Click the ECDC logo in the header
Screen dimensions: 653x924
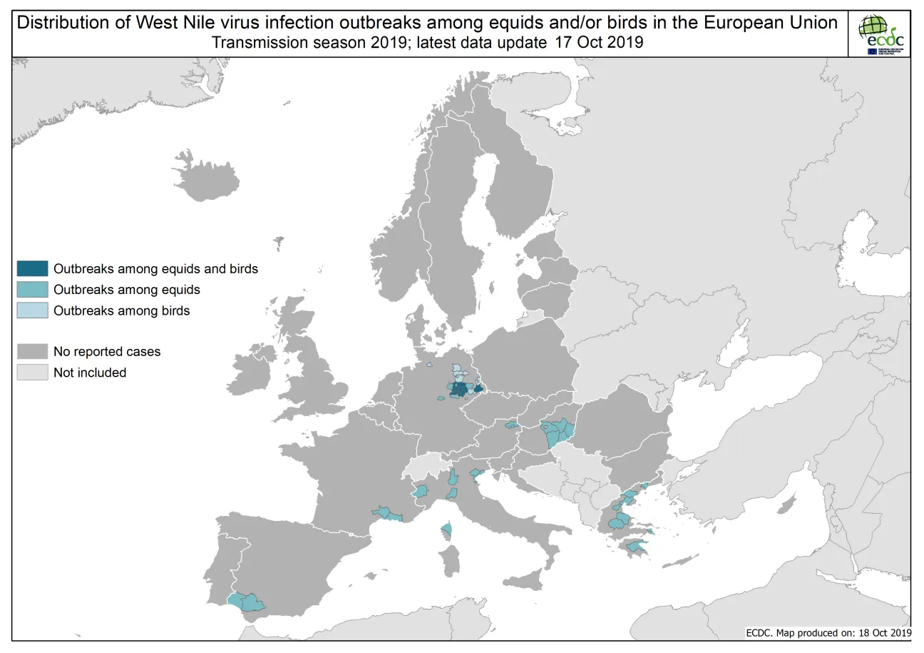pos(882,34)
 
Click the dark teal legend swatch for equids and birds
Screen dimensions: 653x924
pos(33,269)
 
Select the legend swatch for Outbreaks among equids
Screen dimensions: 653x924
pos(33,290)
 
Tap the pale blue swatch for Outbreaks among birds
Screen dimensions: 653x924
pos(33,310)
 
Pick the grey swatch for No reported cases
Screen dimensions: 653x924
pos(33,351)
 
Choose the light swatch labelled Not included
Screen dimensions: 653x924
pos(33,372)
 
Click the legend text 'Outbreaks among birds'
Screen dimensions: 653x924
pos(121,310)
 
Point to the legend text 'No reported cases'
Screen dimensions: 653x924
pos(107,351)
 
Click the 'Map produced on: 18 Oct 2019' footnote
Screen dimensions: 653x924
pos(841,632)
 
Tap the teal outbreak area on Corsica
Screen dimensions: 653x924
pos(448,530)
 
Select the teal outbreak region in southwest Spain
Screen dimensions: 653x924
pos(246,602)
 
